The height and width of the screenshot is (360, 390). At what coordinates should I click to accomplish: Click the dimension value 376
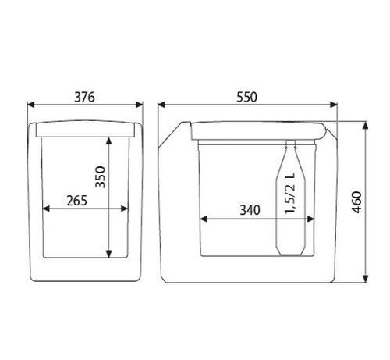[x=84, y=97]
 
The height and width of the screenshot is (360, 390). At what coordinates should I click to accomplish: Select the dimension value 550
[x=246, y=97]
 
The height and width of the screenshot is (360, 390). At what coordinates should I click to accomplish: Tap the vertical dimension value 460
[x=356, y=202]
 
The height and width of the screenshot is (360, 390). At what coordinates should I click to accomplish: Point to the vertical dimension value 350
[x=101, y=177]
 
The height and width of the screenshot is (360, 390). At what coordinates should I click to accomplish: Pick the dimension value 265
[x=76, y=201]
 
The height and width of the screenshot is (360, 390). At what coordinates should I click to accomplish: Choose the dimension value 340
[x=250, y=210]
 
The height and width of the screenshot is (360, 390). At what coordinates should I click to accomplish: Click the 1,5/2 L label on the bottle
[x=290, y=193]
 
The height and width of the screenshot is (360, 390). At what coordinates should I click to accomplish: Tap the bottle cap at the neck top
[x=291, y=142]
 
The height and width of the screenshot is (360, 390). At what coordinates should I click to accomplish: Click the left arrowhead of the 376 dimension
[x=31, y=105]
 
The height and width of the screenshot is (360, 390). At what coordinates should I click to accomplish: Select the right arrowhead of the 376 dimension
[x=140, y=105]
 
